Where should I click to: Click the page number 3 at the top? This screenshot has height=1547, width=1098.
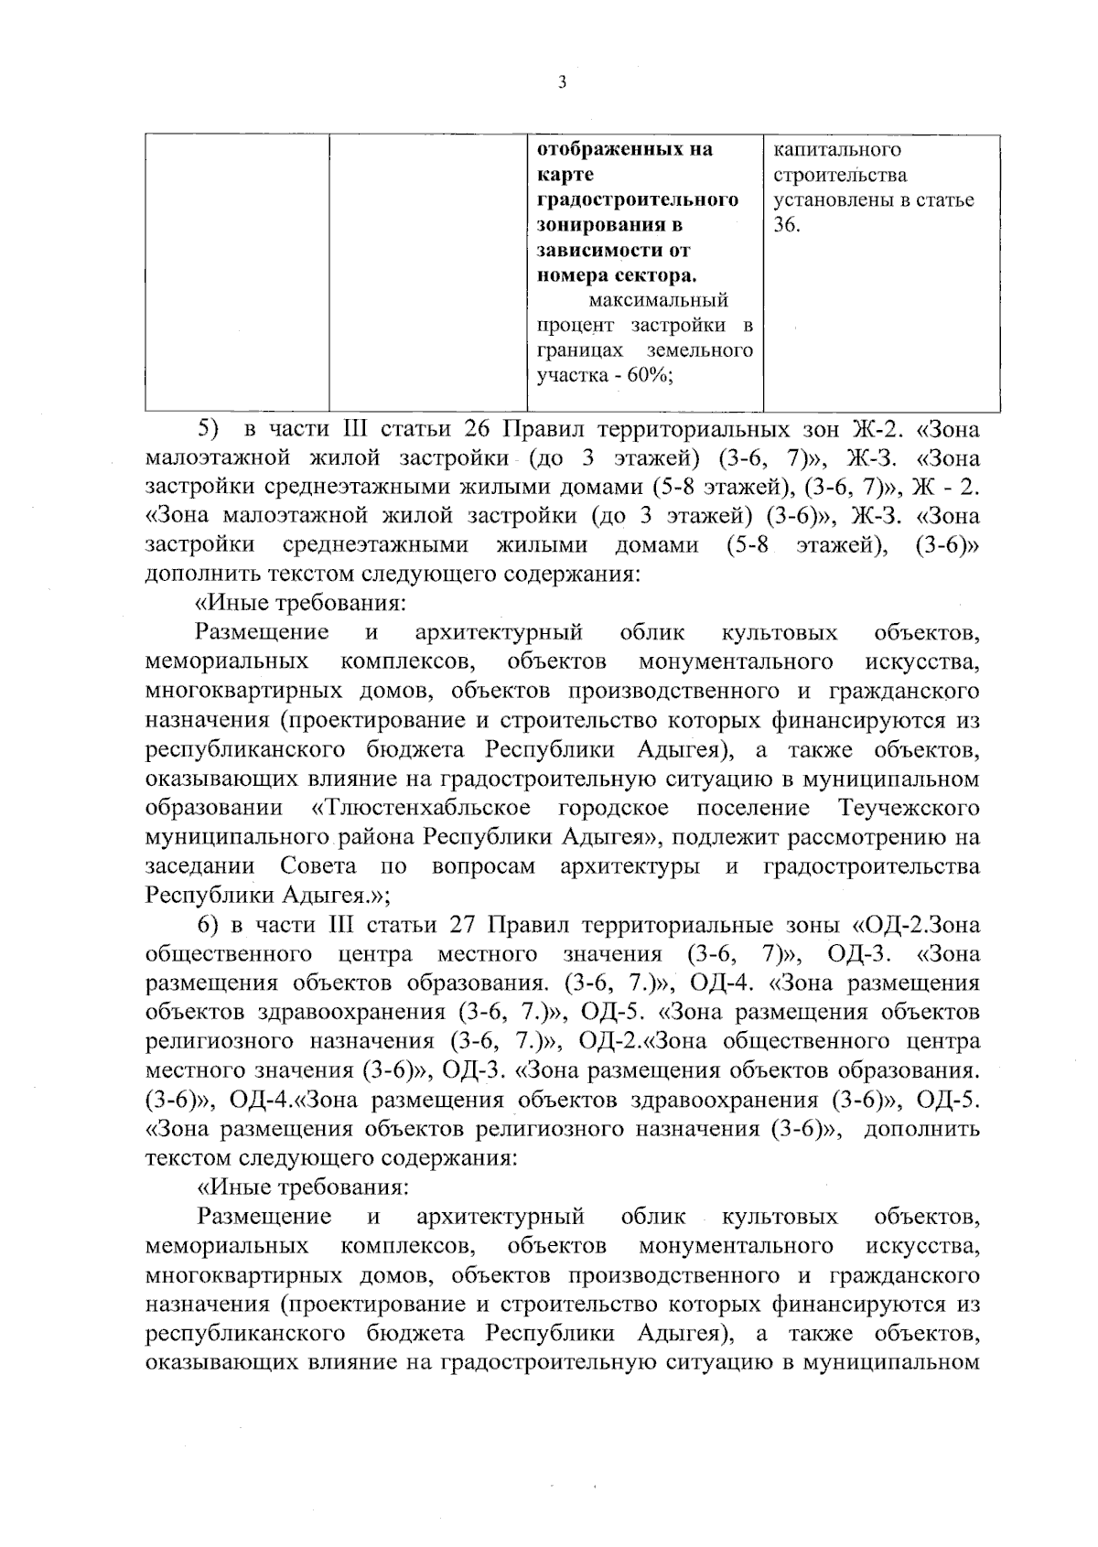(x=562, y=82)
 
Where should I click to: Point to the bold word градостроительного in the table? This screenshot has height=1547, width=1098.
(x=637, y=199)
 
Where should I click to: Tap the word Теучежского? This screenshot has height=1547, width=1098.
(x=908, y=809)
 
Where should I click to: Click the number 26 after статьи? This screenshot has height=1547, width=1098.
(x=479, y=429)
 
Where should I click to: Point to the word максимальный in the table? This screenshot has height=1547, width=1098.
(x=658, y=300)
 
